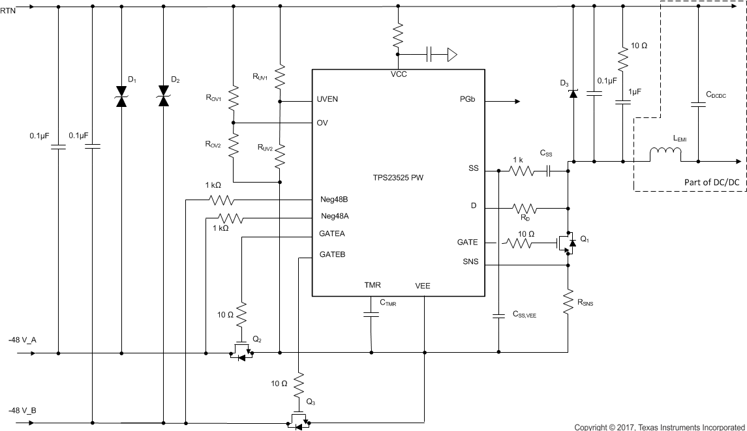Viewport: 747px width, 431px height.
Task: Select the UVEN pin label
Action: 327,100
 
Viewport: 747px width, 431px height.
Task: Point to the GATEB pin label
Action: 332,254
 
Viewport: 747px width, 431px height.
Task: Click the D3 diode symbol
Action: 573,93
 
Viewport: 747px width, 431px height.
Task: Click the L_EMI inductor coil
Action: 665,155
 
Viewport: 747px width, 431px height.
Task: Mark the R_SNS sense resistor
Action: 568,302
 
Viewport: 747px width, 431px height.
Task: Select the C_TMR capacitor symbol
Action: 371,314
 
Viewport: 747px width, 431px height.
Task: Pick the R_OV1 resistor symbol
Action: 233,98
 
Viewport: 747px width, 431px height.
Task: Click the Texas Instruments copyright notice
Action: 660,426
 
